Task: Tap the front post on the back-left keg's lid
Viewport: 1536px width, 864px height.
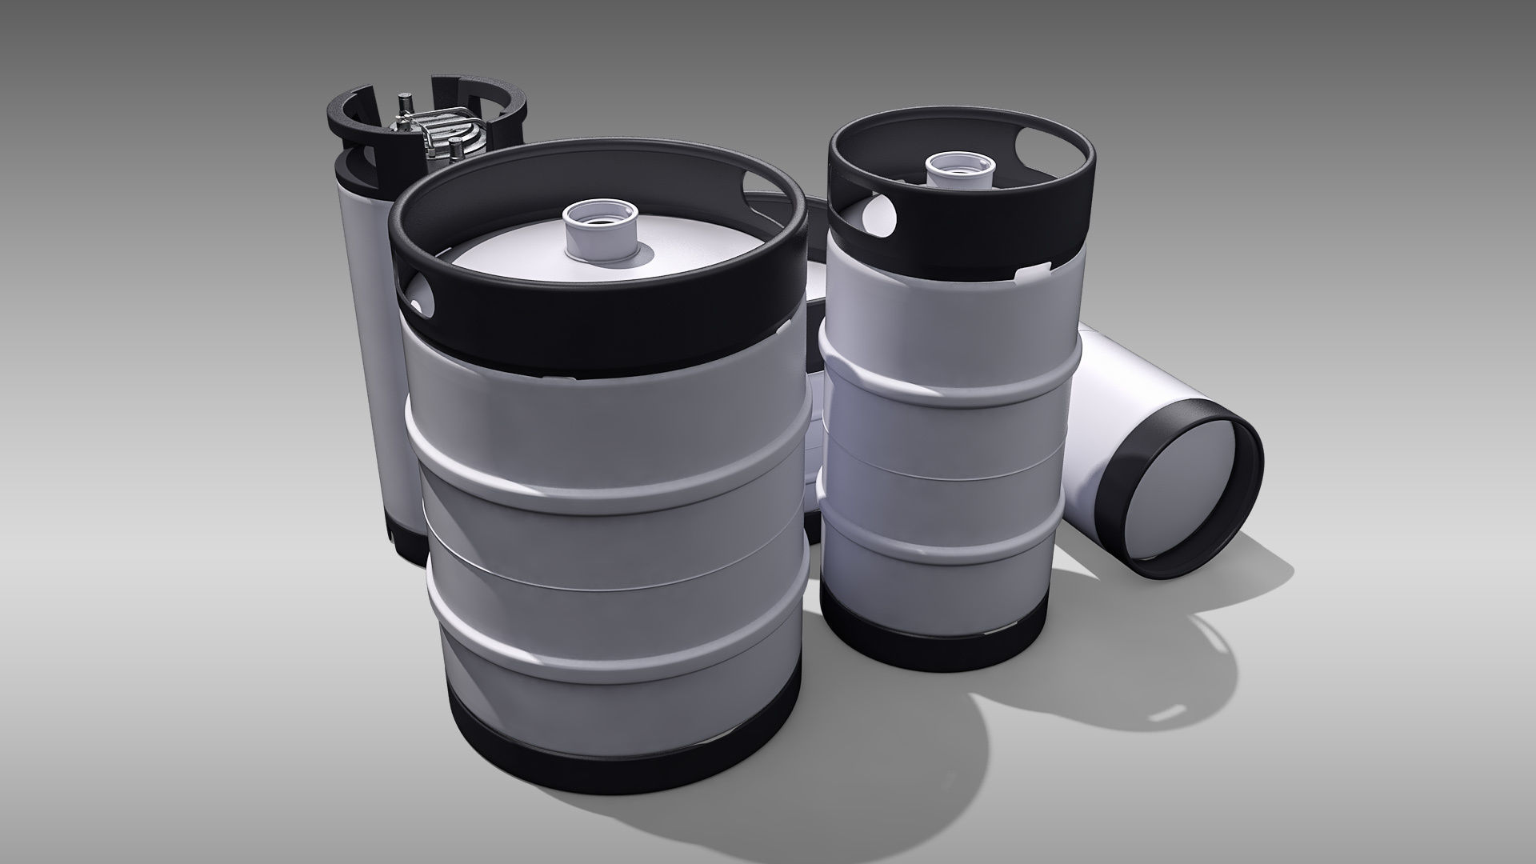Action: [x=455, y=151]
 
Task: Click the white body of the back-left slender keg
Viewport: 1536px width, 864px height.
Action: [x=376, y=320]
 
